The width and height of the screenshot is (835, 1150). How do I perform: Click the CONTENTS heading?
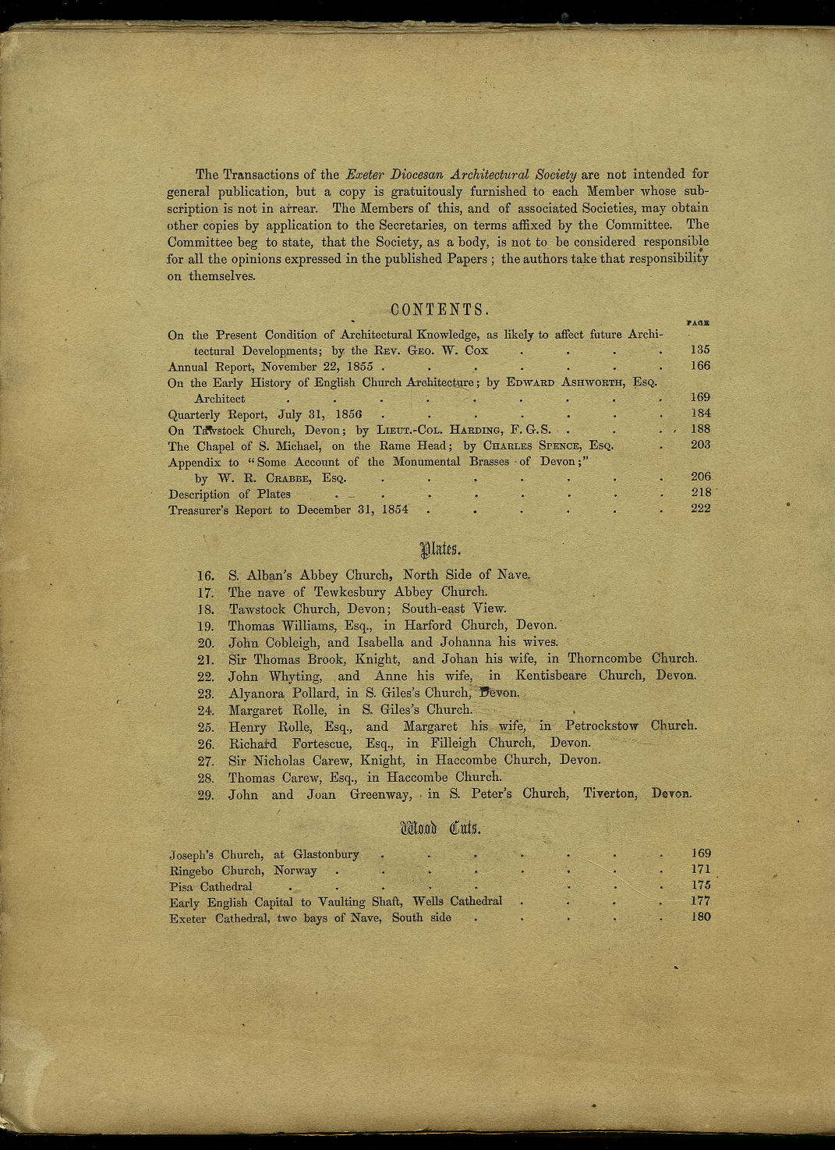coord(440,310)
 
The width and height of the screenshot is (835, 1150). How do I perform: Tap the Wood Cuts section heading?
coord(440,828)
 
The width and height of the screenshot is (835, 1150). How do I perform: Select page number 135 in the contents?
coord(700,350)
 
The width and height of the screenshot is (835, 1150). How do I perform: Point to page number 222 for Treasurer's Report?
coord(700,509)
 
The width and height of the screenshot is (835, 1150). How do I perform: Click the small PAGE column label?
coord(698,322)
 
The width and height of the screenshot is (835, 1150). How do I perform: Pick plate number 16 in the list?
coord(206,576)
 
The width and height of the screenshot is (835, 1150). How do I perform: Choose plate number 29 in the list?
coord(206,795)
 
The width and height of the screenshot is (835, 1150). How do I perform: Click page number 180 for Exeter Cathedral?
coord(700,917)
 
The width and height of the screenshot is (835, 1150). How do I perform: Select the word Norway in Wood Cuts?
coord(295,871)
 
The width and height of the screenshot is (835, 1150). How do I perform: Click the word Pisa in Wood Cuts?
coord(181,887)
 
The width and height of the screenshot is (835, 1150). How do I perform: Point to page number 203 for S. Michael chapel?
coord(700,445)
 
